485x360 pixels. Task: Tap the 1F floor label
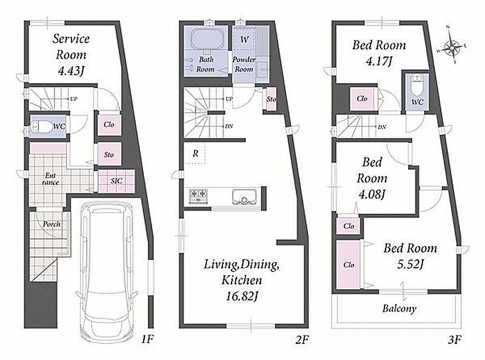[147, 339]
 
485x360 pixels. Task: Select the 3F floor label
[454, 340]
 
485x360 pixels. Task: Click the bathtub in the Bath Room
[207, 40]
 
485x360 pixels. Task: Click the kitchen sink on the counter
[244, 197]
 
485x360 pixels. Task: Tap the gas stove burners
[198, 195]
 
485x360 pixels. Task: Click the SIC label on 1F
[116, 181]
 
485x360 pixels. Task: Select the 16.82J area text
[241, 296]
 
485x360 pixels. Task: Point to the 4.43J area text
[71, 71]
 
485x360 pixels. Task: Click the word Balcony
[399, 308]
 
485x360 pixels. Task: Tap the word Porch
[52, 224]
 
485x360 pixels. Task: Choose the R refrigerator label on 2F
[195, 153]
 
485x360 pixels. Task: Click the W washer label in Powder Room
[244, 39]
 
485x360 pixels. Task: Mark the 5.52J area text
[410, 264]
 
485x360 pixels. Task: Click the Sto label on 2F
[271, 99]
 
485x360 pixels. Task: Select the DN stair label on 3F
[382, 127]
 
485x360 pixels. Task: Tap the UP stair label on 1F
[73, 99]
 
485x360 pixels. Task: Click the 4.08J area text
[372, 195]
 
